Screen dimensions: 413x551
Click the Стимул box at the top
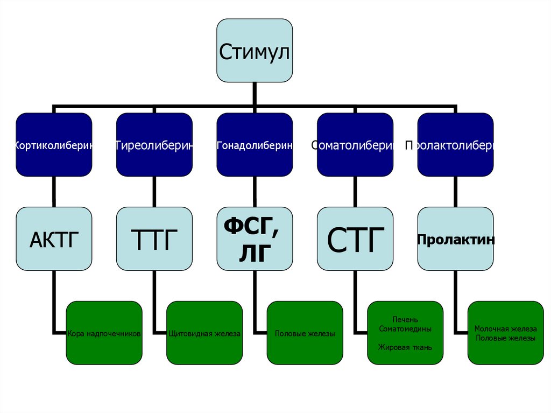pos(255,51)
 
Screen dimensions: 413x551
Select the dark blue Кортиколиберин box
pos(54,144)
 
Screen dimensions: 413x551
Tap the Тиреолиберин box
pos(154,144)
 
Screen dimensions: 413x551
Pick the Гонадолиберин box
pos(255,144)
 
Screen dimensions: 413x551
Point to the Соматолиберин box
pos(355,144)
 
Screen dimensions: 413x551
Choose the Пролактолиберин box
pos(455,144)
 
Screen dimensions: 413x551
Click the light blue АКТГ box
pos(54,239)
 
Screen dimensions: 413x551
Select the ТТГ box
pos(154,239)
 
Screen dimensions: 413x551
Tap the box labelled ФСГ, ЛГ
pos(255,239)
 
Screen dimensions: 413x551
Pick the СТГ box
pos(355,239)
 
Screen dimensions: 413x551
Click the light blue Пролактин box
pos(455,239)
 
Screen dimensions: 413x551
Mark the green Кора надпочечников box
pos(104,333)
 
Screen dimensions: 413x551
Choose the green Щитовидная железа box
pos(204,333)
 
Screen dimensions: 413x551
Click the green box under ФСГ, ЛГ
pos(305,333)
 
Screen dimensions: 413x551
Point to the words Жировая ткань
pos(405,347)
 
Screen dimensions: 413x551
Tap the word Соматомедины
pos(405,328)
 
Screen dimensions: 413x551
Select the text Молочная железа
pos(505,328)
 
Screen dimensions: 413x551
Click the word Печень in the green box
pos(405,320)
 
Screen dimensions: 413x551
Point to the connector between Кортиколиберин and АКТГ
pos(54,192)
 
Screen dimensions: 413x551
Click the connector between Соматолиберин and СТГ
pos(355,192)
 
